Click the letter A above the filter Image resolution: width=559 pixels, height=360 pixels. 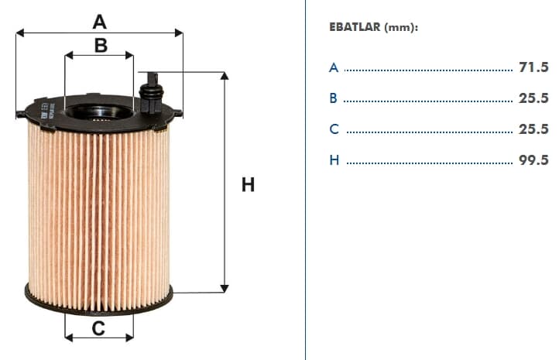coord(99,22)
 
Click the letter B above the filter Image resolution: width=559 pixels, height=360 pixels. coord(101,46)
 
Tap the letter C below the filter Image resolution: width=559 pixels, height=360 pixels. coord(98,328)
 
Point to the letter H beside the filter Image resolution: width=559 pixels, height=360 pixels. coord(248,185)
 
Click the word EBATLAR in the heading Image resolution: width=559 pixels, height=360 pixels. coord(355,27)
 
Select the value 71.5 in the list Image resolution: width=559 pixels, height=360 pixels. coord(533,67)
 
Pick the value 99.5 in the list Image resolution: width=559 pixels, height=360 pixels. coord(533,160)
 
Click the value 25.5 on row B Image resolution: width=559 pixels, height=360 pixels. coord(533,98)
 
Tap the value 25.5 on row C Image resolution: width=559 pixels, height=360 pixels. coord(533,129)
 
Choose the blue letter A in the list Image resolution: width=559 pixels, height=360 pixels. coord(334,67)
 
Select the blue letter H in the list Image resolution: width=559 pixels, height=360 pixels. coord(334,160)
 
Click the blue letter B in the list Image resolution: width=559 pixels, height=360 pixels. coord(334,98)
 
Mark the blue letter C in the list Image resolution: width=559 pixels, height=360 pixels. coord(334,129)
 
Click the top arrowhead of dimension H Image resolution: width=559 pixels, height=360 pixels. coord(225,76)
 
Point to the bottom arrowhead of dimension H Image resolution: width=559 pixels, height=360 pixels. coord(225,288)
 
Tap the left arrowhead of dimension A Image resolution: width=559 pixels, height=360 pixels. coord(20,33)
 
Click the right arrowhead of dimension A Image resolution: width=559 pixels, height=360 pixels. coord(179,33)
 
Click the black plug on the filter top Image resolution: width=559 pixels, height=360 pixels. coord(152,94)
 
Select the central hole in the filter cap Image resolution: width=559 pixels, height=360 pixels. coord(99,112)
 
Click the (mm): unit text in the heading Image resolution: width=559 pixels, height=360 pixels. coord(401,27)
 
